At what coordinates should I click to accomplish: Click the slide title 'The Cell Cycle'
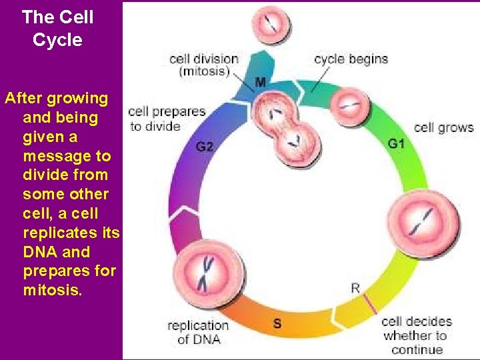57,28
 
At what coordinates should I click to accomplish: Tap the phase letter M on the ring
260,82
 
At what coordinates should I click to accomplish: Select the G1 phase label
396,143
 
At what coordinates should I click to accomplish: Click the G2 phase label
205,146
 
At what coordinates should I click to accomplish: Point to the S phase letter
277,323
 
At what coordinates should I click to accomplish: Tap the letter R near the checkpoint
355,288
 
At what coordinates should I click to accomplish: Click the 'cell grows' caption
443,127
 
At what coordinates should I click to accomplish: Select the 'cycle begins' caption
351,59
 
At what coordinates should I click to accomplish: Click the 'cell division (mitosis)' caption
204,65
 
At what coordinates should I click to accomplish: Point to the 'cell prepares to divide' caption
166,119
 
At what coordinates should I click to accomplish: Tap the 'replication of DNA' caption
197,332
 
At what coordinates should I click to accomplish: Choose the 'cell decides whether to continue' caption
417,335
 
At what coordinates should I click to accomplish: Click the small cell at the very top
272,23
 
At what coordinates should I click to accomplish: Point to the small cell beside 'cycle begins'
349,103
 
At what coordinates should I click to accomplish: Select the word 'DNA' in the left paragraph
39,252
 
